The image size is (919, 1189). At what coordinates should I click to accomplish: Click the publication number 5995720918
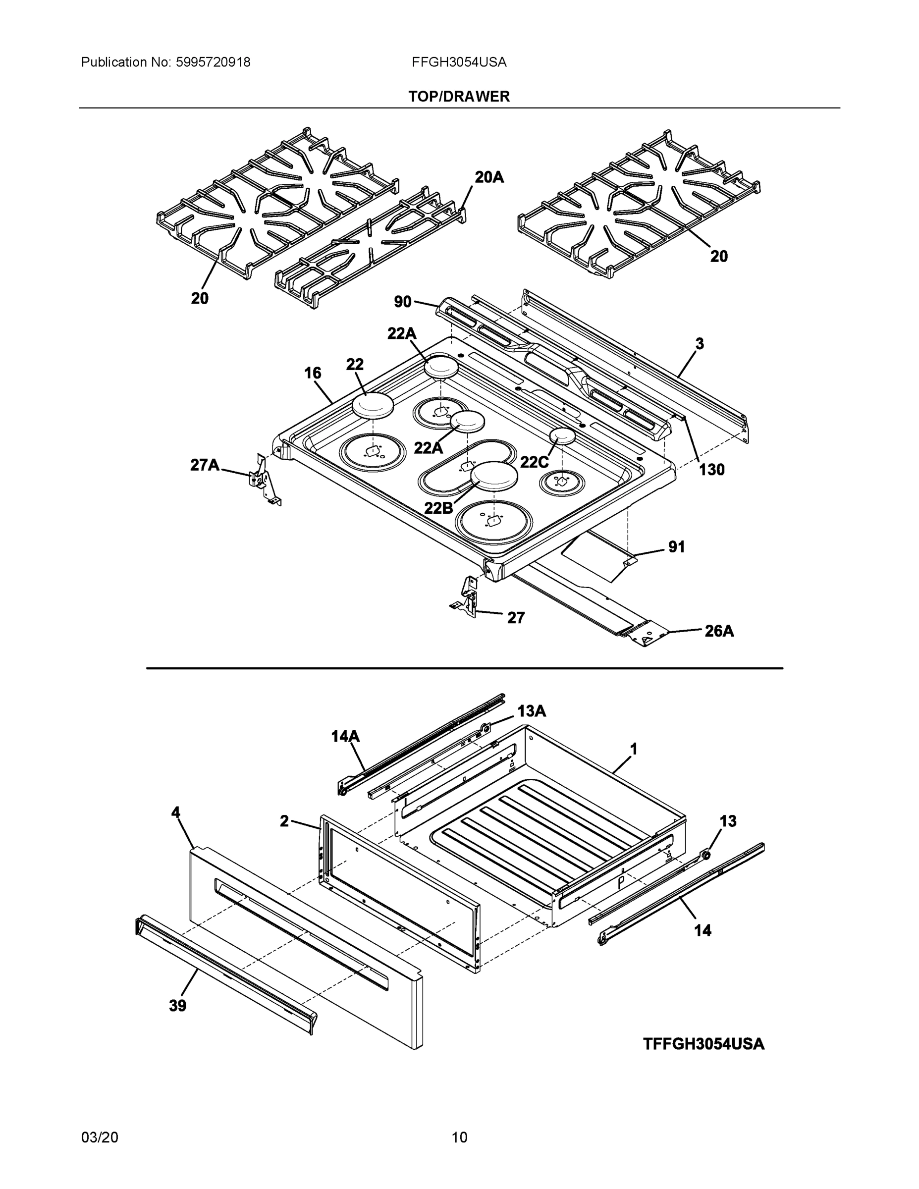(x=213, y=62)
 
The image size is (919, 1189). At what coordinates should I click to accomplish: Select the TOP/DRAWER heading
(x=459, y=97)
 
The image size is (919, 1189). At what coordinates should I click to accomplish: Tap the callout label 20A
(x=489, y=177)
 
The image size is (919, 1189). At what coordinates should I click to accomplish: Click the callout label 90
(x=402, y=302)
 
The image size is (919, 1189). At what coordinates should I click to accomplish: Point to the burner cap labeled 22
(x=373, y=406)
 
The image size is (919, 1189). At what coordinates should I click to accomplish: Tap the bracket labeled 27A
(x=264, y=481)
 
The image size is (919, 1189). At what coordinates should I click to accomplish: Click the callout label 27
(x=516, y=617)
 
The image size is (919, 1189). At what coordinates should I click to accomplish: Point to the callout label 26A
(x=719, y=631)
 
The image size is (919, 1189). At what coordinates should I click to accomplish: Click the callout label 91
(x=676, y=546)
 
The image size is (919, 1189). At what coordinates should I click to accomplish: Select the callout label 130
(x=711, y=469)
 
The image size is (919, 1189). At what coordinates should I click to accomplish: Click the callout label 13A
(x=532, y=711)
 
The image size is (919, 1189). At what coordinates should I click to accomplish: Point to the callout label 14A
(x=346, y=737)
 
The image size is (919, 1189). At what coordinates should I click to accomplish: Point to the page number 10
(x=459, y=1137)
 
